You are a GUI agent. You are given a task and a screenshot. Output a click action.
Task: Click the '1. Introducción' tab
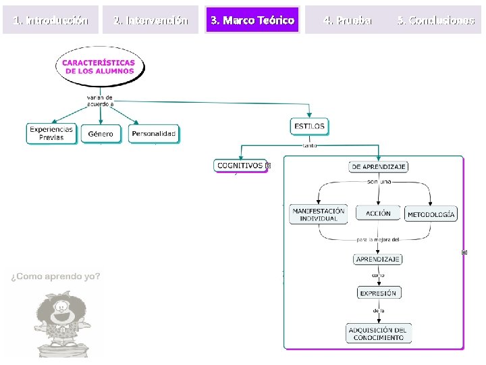point(51,20)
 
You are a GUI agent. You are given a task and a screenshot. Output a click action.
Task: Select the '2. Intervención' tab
point(151,20)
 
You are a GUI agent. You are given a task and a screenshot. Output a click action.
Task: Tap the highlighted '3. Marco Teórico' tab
point(252,20)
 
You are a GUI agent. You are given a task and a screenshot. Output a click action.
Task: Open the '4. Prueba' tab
point(347,20)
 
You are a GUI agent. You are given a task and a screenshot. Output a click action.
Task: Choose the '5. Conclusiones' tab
point(436,20)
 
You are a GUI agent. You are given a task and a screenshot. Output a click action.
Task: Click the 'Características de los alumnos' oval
point(99,67)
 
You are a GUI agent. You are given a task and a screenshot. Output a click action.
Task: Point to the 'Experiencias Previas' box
point(51,133)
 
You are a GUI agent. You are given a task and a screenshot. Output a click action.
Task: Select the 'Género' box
point(101,134)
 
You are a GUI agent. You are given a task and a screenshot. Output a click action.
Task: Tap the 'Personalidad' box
point(154,134)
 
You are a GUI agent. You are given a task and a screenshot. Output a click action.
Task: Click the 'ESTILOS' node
point(309,126)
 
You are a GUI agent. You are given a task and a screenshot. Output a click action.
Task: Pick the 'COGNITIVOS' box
point(240,165)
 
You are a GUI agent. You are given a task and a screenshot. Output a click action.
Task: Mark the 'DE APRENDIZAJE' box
point(379,166)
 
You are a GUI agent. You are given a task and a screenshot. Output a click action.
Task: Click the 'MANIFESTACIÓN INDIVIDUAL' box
point(318,214)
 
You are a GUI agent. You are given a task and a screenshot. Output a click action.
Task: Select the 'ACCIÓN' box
point(378,213)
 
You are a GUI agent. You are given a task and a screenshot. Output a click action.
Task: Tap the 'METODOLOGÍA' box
point(431,214)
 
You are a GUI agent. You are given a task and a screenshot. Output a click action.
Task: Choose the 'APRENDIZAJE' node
point(378,259)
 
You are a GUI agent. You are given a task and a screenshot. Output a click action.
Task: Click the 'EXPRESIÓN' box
point(378,293)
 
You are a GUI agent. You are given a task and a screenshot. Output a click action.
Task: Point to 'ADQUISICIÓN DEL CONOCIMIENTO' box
point(378,333)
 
